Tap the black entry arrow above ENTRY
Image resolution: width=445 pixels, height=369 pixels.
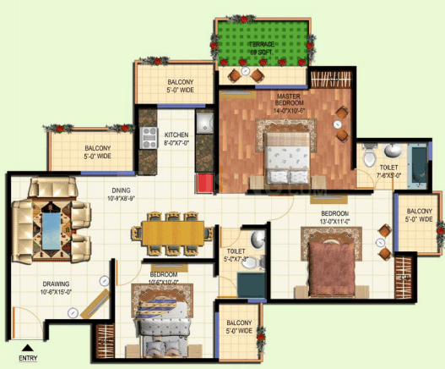coord(28,347)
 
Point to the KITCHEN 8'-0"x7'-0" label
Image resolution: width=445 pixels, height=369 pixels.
coord(176,139)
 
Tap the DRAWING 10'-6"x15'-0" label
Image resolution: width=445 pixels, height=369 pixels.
coord(54,288)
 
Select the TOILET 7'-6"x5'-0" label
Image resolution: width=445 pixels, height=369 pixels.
coord(388,173)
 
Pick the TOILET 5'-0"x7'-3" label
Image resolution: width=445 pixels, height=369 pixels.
coord(236,255)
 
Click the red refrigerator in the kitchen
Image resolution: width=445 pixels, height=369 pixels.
coord(204,182)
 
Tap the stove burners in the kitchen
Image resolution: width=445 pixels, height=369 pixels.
coord(149,132)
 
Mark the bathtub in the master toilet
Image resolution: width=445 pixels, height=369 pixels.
coord(417,158)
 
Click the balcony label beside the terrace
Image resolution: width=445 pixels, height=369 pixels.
coord(180,86)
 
